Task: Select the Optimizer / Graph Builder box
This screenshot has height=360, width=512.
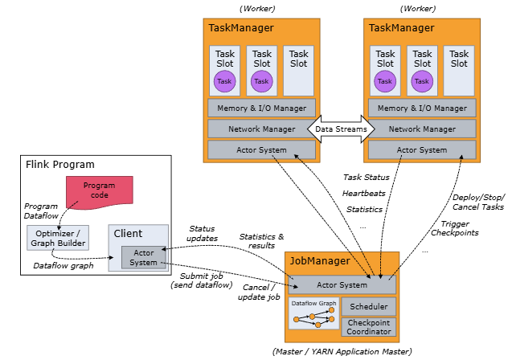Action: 55,237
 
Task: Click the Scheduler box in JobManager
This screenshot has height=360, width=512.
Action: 369,307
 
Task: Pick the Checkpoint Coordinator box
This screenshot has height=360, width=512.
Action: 369,327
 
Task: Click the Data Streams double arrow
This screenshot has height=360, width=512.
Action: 340,129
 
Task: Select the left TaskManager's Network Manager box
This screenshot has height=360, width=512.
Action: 261,129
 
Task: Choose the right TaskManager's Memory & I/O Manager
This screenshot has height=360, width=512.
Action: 422,108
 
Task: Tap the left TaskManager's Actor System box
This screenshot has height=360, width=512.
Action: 261,149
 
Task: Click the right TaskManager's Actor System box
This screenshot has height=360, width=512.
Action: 422,149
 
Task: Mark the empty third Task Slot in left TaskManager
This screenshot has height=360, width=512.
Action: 298,71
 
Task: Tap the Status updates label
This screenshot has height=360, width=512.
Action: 202,233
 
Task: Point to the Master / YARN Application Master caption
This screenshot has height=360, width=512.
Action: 342,351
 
